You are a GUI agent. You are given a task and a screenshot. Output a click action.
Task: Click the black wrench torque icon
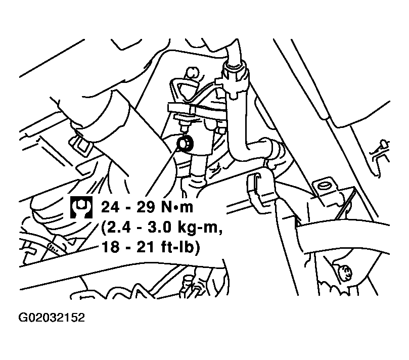click(81, 207)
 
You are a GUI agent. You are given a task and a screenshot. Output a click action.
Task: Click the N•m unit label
click(177, 207)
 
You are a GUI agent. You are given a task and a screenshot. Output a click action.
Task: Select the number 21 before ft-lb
click(144, 247)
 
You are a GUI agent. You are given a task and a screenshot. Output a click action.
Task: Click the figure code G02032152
click(52, 318)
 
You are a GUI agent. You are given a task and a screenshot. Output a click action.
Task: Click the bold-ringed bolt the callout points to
click(185, 144)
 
